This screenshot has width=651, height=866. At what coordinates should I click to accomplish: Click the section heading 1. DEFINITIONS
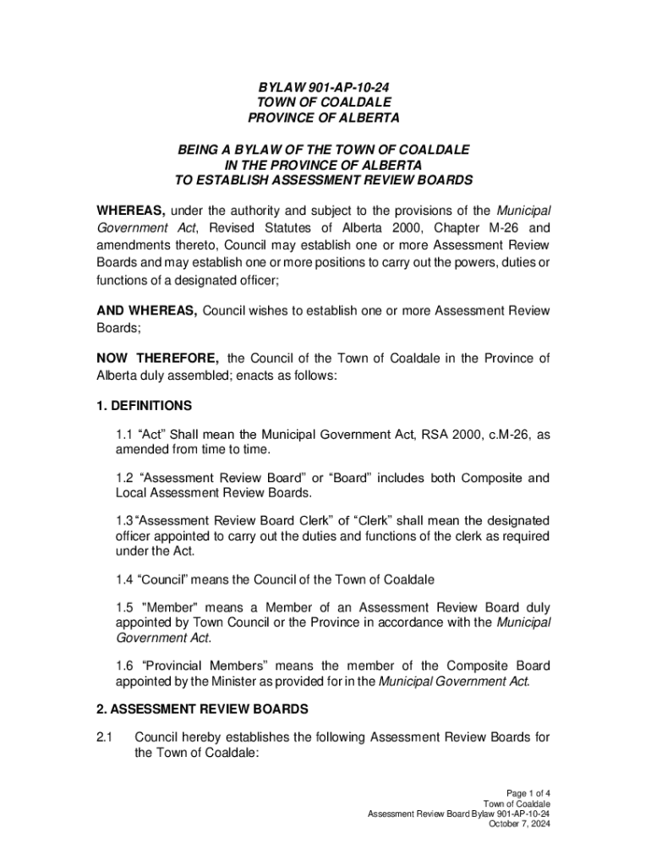(x=144, y=405)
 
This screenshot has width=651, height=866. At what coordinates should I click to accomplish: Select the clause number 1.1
(x=124, y=435)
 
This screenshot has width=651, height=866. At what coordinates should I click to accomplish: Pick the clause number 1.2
(x=124, y=478)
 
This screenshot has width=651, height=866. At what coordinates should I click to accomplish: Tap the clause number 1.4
(x=124, y=579)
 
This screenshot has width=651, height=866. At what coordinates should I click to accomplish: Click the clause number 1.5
(x=124, y=606)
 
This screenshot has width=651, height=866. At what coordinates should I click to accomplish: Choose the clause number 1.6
(x=124, y=665)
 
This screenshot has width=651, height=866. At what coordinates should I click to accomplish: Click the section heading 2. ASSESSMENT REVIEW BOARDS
(x=202, y=708)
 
